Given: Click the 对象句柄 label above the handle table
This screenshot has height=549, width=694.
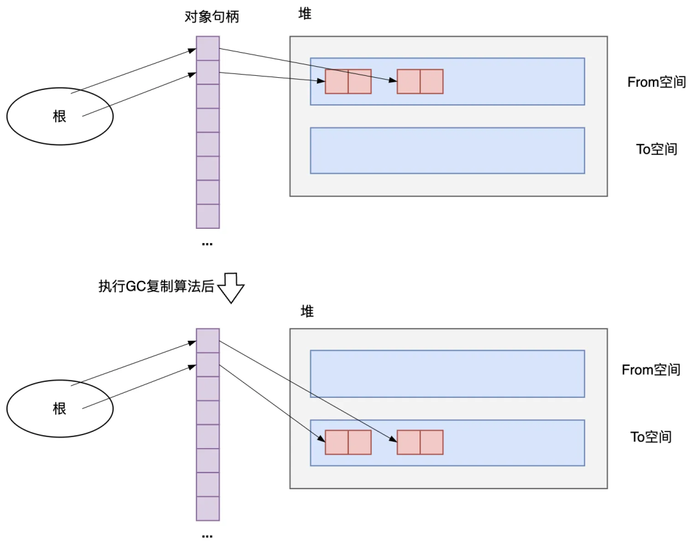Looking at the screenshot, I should pos(211,17).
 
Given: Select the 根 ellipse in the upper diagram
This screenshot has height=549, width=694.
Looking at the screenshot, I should pos(60,116).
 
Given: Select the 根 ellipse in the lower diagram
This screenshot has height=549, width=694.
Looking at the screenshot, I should pos(60,408).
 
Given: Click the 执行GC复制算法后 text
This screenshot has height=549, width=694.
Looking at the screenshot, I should pos(156,286).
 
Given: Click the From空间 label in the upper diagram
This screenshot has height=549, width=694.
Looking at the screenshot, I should pos(656,82).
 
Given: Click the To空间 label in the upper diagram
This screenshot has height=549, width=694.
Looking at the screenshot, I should pos(656,149).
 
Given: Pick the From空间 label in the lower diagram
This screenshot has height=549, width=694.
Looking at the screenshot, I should pos(650,370).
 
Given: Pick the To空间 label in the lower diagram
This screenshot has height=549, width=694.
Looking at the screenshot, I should pos(650,437).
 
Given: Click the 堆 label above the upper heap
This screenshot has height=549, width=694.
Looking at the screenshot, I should pos(305,14).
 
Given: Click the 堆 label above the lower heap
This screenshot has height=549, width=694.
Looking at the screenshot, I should pos(307,312).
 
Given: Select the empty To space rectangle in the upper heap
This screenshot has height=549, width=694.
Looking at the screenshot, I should pos(447,150).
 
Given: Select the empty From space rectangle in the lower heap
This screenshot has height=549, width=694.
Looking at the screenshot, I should pos(447,373).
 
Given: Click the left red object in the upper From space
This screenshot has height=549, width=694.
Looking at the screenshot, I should pos(348,82).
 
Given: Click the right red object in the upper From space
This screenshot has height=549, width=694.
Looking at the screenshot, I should pos(420,82).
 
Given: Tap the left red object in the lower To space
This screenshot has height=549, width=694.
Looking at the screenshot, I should pos(348,442).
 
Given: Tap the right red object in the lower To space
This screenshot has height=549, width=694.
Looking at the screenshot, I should pos(420,442).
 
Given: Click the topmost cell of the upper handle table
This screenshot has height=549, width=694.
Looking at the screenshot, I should pos(208,48).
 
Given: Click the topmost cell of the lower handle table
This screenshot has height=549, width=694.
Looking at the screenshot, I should pos(208,340).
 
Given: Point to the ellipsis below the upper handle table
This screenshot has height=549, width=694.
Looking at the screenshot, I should pos(207,244).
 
